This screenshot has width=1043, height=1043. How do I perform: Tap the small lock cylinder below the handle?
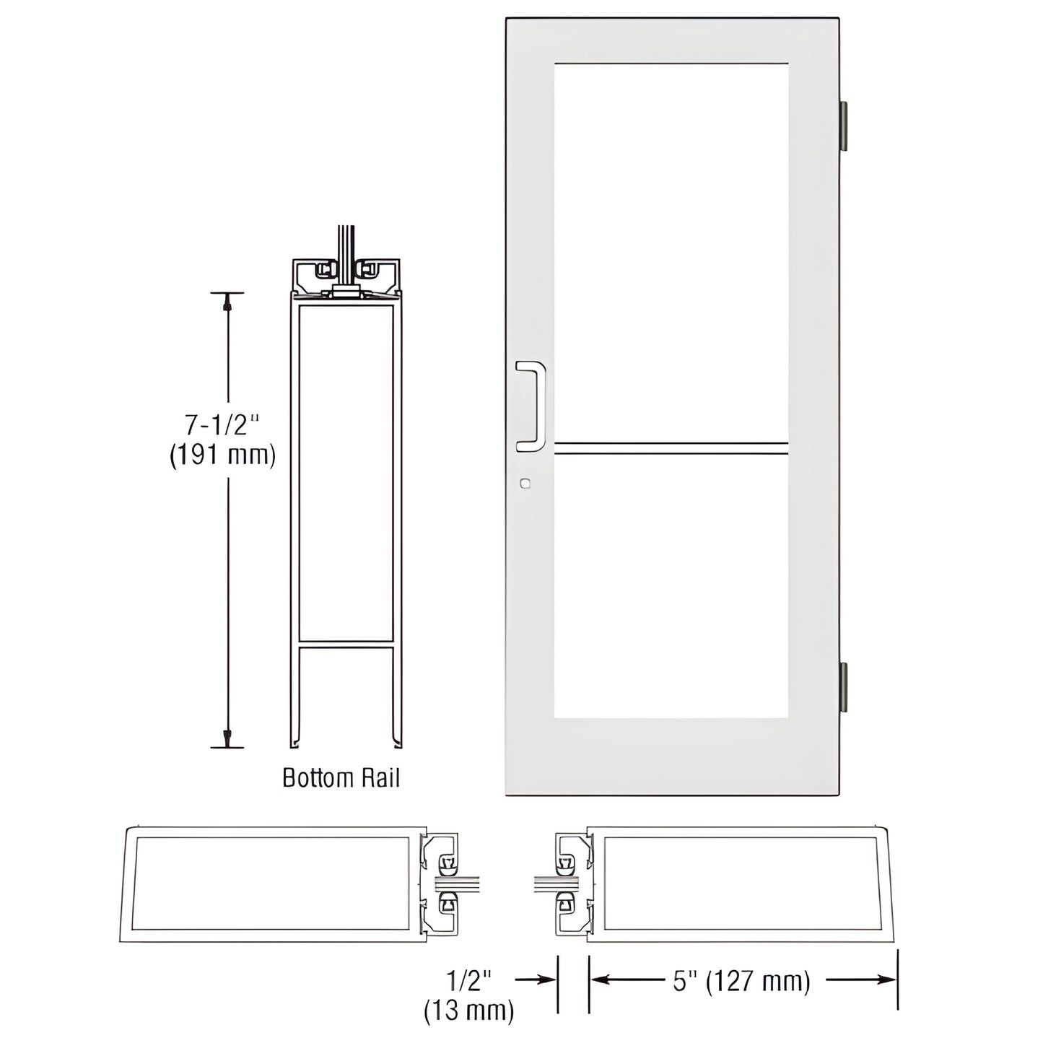pos(525,484)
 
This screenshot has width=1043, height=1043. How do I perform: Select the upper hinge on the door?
pos(842,126)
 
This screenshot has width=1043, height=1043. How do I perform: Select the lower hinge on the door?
pos(842,686)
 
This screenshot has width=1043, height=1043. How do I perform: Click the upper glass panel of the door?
pos(671,253)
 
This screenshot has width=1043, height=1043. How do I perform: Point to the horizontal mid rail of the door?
pos(671,448)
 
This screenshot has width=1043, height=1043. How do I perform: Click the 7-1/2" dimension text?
pos(222,425)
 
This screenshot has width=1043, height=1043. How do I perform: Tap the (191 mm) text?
pos(222,456)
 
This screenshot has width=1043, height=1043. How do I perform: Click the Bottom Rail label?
pos(341,778)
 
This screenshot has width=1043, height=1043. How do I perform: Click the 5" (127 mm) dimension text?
pos(742,981)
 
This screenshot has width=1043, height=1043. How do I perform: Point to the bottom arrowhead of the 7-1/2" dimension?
pos(227,738)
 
